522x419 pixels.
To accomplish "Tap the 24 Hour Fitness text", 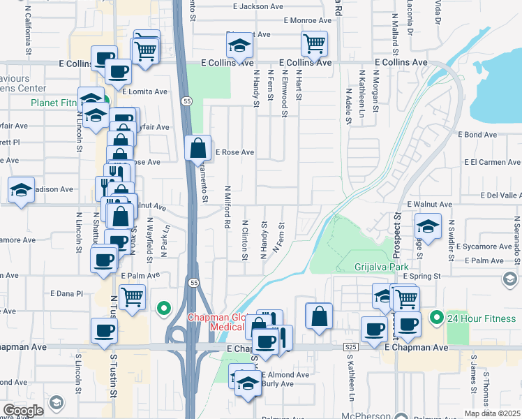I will [x=482, y=320].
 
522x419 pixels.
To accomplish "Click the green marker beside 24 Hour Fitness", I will [x=437, y=319].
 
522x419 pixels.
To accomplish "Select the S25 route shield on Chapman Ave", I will [x=350, y=347].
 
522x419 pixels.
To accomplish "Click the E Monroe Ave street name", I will [x=307, y=20].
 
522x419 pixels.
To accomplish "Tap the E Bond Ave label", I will [x=477, y=134].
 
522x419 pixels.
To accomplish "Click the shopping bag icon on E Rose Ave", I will [x=198, y=148].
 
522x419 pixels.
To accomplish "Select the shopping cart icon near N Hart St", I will [x=314, y=44].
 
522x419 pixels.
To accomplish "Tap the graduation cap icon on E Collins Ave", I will [x=239, y=46].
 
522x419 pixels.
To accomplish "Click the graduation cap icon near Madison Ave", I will [x=21, y=189].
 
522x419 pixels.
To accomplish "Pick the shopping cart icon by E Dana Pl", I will [x=131, y=297].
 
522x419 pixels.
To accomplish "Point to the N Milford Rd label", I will [x=228, y=207].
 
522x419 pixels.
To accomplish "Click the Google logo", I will [x=24, y=411].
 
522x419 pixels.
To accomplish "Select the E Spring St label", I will [x=422, y=276].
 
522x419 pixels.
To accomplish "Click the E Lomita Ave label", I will [x=145, y=91].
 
